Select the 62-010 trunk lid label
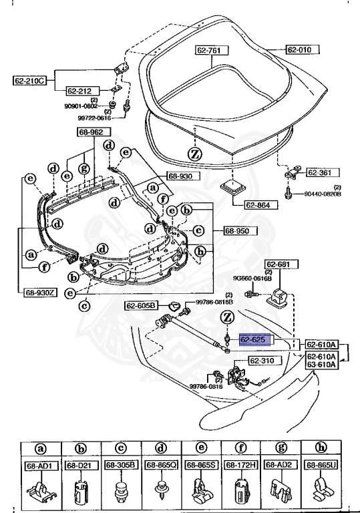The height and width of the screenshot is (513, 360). tap(302, 49)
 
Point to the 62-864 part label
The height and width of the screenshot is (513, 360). tap(257, 205)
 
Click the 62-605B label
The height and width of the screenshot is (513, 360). tap(141, 305)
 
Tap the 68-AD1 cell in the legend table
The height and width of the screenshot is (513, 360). tap(40, 465)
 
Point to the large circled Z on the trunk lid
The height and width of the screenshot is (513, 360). tap(194, 153)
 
